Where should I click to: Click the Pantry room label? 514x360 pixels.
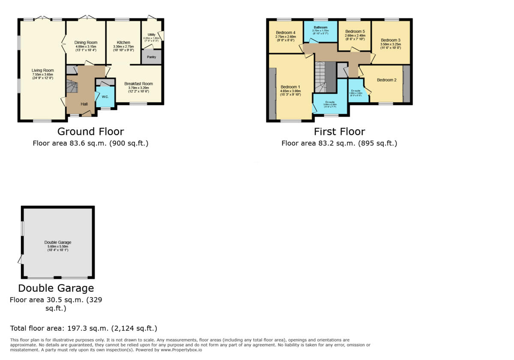click(151, 57)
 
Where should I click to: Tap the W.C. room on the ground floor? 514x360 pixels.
click(105, 96)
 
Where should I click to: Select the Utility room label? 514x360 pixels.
click(151, 34)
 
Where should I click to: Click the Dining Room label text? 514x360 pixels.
click(86, 42)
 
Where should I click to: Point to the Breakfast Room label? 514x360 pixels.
click(138, 84)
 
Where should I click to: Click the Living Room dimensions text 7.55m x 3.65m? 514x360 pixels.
click(42, 75)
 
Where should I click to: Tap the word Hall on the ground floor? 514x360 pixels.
click(84, 104)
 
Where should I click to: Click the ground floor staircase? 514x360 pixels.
click(72, 87)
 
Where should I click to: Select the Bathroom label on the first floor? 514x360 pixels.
click(320, 27)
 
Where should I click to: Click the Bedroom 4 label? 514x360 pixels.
click(285, 33)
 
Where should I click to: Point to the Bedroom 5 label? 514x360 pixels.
click(355, 31)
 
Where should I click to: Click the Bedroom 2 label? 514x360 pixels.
click(386, 80)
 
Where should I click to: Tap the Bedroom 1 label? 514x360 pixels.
click(290, 87)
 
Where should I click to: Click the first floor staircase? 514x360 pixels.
click(325, 77)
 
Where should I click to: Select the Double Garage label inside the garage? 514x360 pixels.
click(58, 242)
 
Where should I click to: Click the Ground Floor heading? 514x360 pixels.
click(90, 132)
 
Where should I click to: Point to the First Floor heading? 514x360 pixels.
click(339, 132)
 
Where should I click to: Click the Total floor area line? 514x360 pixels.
click(84, 329)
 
